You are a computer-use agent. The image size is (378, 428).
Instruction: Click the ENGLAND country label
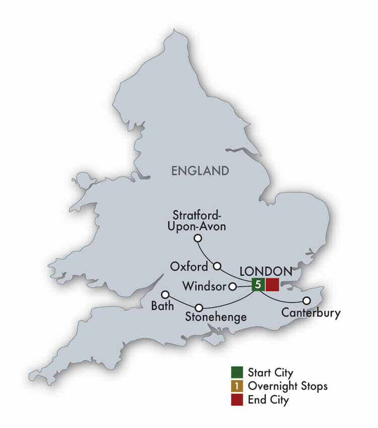(x=200, y=171)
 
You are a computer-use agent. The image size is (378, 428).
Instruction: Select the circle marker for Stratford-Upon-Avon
(x=198, y=238)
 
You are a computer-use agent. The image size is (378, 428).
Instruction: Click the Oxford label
(x=188, y=265)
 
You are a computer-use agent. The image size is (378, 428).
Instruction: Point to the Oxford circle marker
(x=218, y=265)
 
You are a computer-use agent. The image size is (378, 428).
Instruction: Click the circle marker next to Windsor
(x=233, y=287)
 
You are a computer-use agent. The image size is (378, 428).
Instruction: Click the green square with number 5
(x=258, y=284)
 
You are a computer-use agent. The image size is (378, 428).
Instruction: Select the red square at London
(x=272, y=284)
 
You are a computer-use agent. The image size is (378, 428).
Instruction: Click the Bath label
(x=159, y=306)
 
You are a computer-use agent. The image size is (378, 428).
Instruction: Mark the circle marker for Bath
(x=164, y=295)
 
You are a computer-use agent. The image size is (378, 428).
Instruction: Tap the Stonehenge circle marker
(x=200, y=307)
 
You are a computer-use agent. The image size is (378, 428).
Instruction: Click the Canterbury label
(x=311, y=313)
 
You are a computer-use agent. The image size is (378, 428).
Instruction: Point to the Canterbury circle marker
(x=306, y=301)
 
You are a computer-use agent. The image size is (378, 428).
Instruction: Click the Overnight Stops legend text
(x=287, y=386)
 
